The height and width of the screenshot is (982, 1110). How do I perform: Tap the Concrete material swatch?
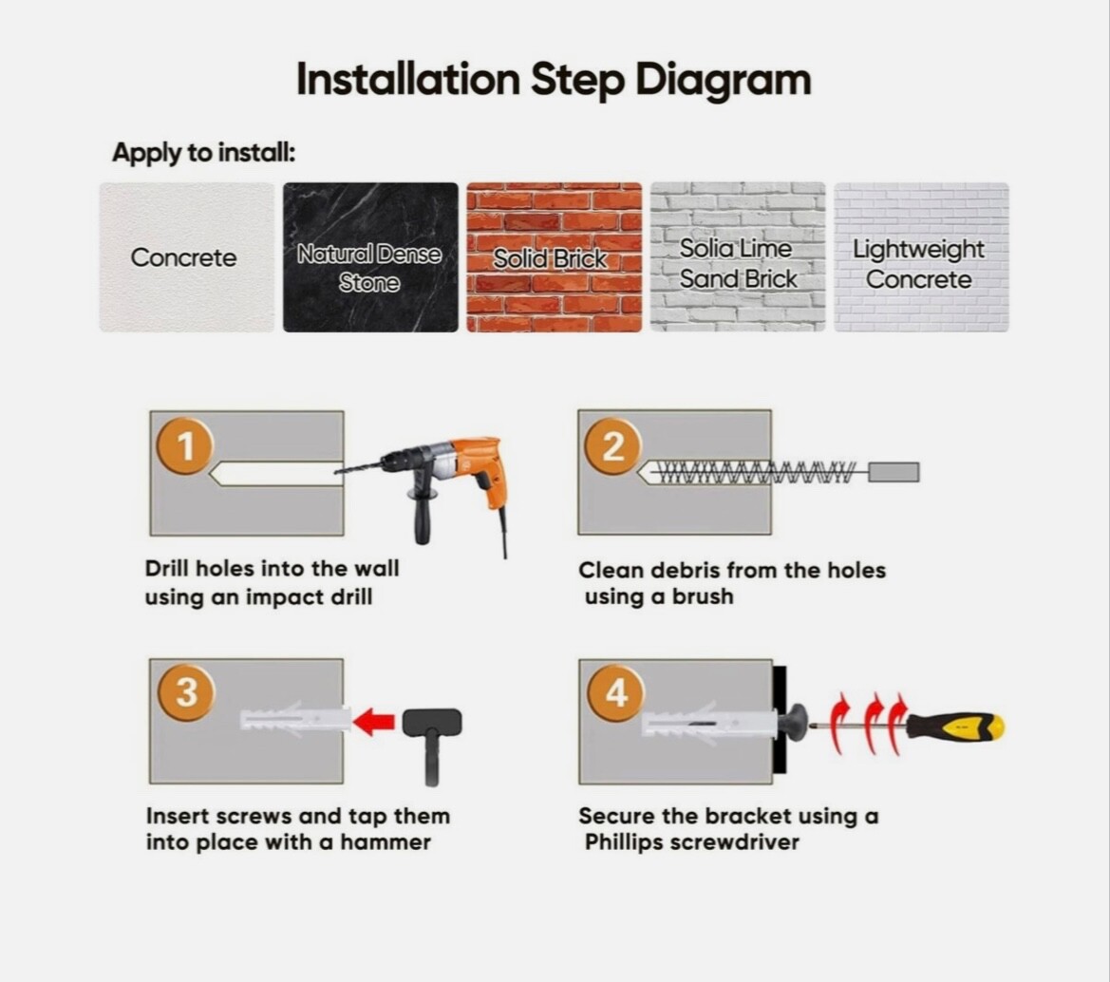pyautogui.click(x=187, y=257)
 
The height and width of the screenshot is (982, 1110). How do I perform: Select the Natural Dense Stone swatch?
pyautogui.click(x=370, y=257)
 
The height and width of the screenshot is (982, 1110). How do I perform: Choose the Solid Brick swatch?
pyautogui.click(x=555, y=257)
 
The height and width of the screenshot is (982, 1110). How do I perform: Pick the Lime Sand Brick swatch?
pyautogui.click(x=738, y=257)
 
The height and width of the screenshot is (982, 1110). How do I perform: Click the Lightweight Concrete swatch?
pyautogui.click(x=921, y=257)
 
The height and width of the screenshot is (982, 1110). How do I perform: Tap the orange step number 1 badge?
pyautogui.click(x=185, y=446)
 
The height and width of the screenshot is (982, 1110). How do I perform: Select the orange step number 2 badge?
pyautogui.click(x=613, y=446)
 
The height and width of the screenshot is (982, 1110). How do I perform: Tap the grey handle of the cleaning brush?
pyautogui.click(x=894, y=472)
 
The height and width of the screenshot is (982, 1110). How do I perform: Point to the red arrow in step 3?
pyautogui.click(x=373, y=722)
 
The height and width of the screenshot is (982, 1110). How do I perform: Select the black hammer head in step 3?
pyautogui.click(x=432, y=722)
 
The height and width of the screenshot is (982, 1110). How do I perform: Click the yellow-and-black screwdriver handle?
pyautogui.click(x=955, y=726)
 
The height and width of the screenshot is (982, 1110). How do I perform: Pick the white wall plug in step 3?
pyautogui.click(x=296, y=719)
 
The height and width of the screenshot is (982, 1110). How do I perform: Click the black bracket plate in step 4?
pyautogui.click(x=780, y=720)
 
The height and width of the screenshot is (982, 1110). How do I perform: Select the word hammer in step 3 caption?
pyautogui.click(x=386, y=841)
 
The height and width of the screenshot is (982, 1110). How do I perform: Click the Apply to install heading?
pyautogui.click(x=204, y=153)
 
